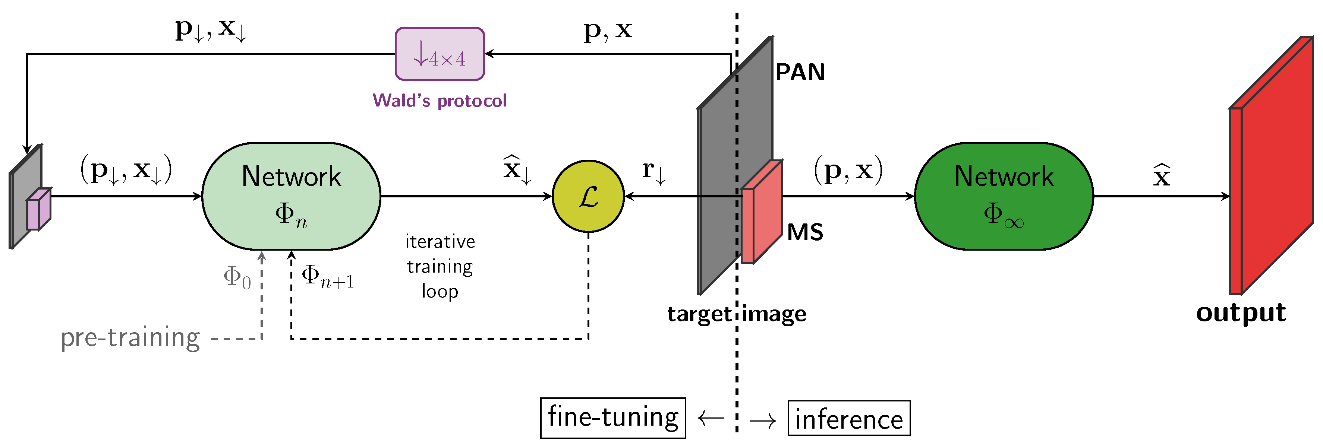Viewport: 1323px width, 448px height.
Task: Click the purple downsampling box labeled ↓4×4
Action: tap(440, 54)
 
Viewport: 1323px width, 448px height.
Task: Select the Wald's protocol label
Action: tap(440, 100)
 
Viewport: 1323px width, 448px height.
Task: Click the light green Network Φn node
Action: tap(291, 196)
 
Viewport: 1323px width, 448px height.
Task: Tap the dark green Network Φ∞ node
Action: tap(1004, 196)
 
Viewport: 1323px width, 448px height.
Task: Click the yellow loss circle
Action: tap(588, 196)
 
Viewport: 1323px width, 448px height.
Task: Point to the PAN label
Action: tap(800, 72)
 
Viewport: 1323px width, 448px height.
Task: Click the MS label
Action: tap(805, 232)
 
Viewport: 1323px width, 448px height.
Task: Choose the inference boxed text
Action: tap(848, 419)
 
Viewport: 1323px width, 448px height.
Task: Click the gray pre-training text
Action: tap(130, 338)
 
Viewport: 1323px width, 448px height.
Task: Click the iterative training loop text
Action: tap(440, 266)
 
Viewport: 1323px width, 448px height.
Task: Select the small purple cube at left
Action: tap(38, 209)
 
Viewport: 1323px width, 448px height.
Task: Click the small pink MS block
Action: tap(762, 212)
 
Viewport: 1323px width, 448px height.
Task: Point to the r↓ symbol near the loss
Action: tap(653, 171)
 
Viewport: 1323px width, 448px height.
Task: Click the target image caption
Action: tap(737, 314)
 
